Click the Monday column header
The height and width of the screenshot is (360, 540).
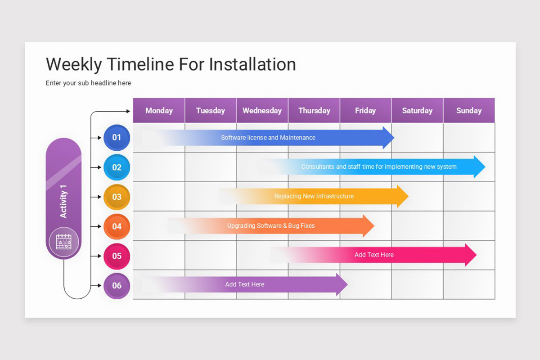(159, 111)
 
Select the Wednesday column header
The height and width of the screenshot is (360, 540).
(262, 111)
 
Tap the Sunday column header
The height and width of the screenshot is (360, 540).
(469, 111)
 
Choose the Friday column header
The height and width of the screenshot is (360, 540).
(365, 111)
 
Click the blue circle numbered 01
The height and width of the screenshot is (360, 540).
(117, 138)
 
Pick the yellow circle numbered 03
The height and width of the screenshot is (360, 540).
(117, 197)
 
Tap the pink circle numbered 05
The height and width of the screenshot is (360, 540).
(117, 256)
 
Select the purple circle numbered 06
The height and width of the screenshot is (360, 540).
(117, 286)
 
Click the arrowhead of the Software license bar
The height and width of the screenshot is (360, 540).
(388, 138)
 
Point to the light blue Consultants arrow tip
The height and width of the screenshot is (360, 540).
(480, 167)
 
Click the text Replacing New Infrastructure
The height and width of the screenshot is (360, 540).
(314, 196)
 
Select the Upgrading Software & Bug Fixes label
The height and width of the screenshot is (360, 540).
(271, 226)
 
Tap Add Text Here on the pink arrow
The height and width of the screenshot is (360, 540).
(374, 255)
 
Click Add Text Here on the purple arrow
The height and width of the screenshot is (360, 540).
(245, 284)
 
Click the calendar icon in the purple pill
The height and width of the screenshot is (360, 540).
(63, 242)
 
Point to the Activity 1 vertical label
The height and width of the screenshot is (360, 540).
(63, 201)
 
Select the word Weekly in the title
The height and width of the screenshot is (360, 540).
(74, 64)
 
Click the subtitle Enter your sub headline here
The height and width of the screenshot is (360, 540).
(88, 83)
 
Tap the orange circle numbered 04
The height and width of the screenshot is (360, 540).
(117, 226)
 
